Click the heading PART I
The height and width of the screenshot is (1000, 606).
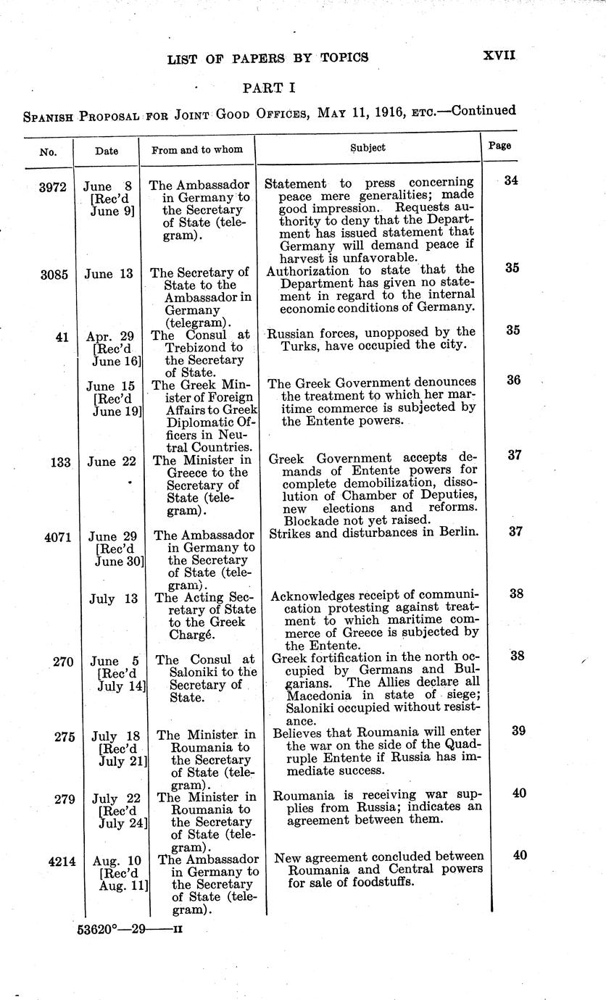tap(269, 88)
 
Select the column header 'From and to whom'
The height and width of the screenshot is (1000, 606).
tap(202, 150)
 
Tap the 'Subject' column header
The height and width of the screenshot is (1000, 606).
tap(368, 148)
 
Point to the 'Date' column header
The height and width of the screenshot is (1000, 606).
tap(107, 151)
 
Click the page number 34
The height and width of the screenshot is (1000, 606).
tap(511, 180)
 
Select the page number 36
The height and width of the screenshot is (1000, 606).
tap(513, 379)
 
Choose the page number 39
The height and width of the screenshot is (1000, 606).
tap(518, 730)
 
